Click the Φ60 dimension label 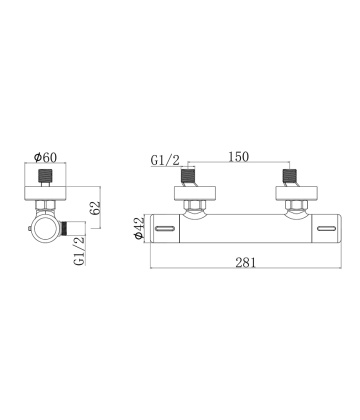click(x=46, y=157)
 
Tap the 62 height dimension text click(x=95, y=208)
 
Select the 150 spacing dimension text click(x=239, y=156)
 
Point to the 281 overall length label click(x=246, y=262)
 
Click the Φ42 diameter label click(x=138, y=228)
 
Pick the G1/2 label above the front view click(x=165, y=160)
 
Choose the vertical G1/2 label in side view click(x=80, y=251)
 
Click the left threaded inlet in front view click(x=187, y=176)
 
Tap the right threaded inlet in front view click(x=289, y=176)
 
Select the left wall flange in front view click(x=195, y=194)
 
